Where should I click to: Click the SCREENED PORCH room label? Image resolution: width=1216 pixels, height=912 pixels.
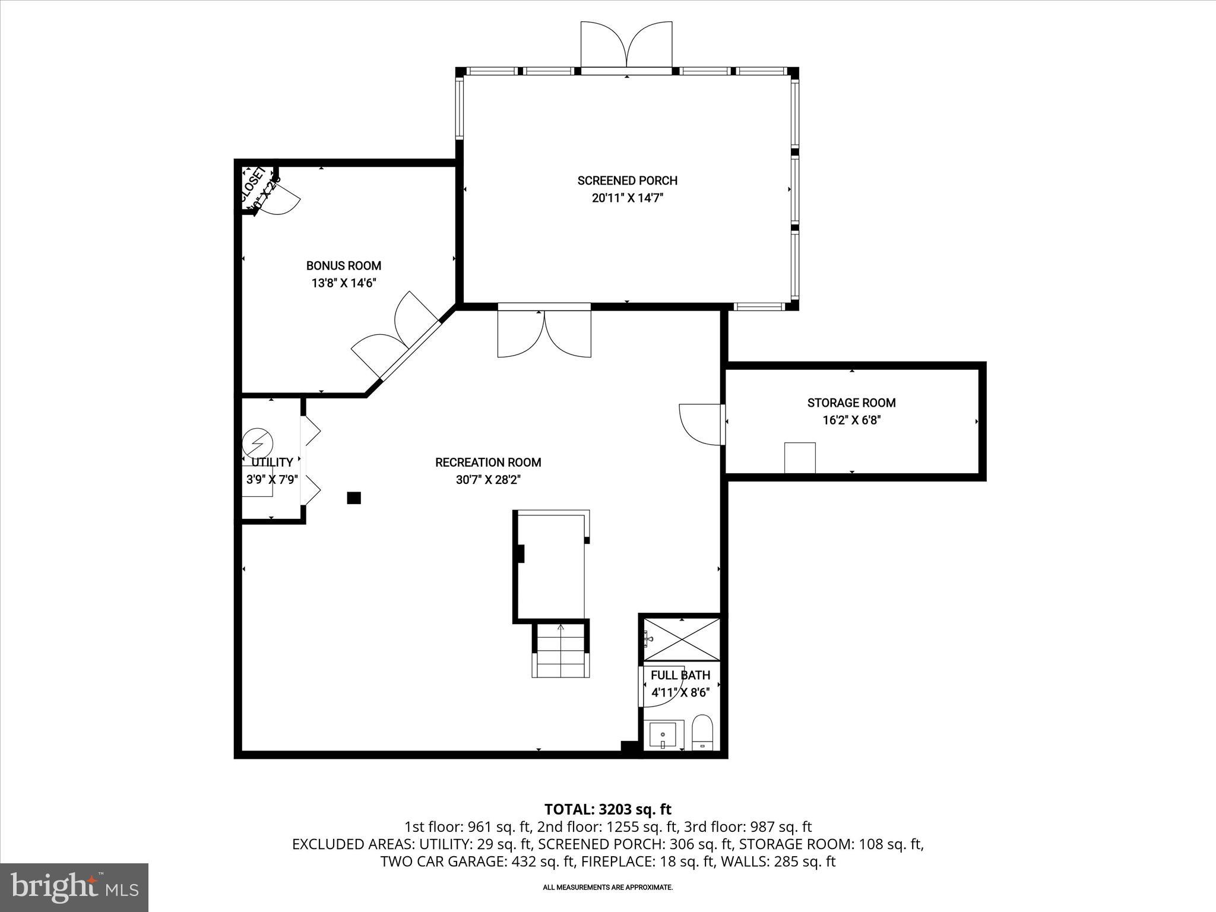point(627,180)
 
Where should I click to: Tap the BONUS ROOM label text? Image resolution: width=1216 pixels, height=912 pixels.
point(343,266)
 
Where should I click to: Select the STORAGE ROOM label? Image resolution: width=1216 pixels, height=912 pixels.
point(851,403)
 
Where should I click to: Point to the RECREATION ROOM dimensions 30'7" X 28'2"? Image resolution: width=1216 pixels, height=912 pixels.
point(488,480)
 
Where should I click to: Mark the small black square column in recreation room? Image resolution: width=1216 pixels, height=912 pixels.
point(354,498)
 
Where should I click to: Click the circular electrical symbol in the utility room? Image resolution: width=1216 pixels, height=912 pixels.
point(257,442)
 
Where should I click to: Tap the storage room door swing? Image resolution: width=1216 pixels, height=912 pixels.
point(701,423)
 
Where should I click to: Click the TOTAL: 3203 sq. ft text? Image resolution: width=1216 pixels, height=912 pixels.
point(607,809)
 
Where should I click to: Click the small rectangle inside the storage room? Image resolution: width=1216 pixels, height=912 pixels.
point(800,457)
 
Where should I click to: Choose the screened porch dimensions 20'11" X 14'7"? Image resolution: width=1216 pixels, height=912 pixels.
point(627,198)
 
